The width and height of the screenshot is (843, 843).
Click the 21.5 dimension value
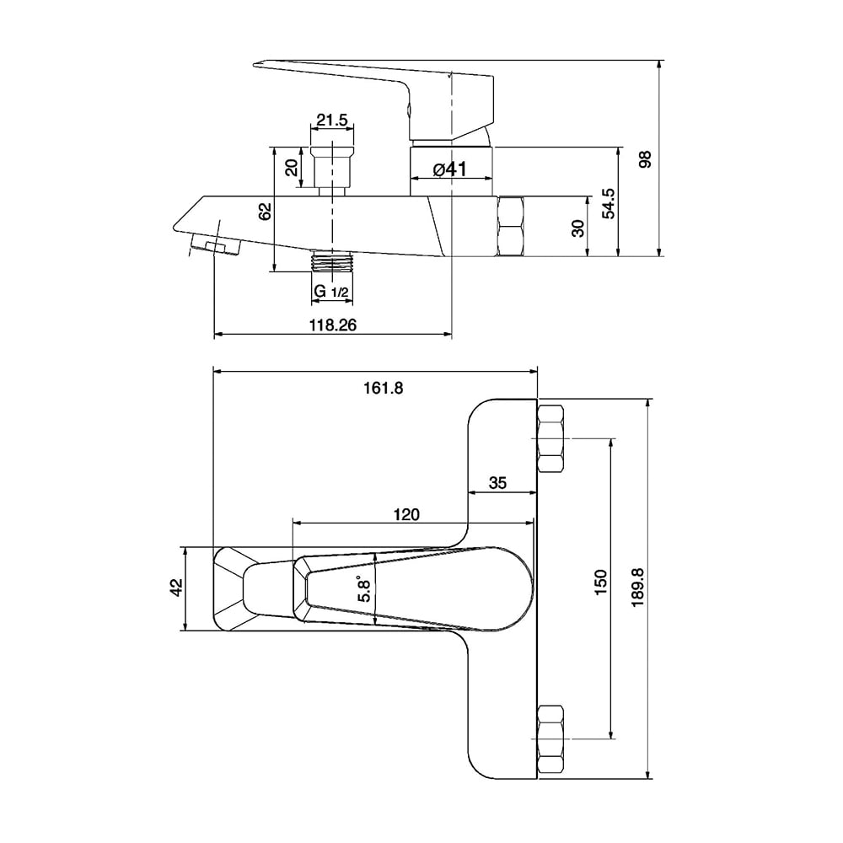[x=331, y=120]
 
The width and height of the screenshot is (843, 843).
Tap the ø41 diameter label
[x=450, y=169]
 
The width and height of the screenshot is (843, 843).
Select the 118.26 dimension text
[x=333, y=325]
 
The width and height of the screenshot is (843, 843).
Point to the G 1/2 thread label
[x=331, y=292]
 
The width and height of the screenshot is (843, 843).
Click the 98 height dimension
[x=645, y=159]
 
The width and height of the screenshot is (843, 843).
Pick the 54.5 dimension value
[x=609, y=203]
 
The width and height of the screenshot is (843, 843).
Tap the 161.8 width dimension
[x=384, y=387]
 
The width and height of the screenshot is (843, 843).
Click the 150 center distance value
[x=600, y=582]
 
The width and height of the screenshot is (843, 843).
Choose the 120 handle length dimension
[x=406, y=514]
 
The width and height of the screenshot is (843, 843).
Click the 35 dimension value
[x=498, y=483]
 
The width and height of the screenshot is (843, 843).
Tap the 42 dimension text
[x=176, y=588]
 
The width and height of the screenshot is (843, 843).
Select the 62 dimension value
[x=265, y=212]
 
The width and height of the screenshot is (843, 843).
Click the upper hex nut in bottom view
[x=550, y=438]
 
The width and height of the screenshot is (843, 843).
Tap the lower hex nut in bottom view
[x=550, y=738]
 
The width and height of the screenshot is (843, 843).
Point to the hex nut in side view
[x=512, y=226]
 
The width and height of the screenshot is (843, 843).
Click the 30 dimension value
[x=578, y=228]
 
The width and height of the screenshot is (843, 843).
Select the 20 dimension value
[x=292, y=168]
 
